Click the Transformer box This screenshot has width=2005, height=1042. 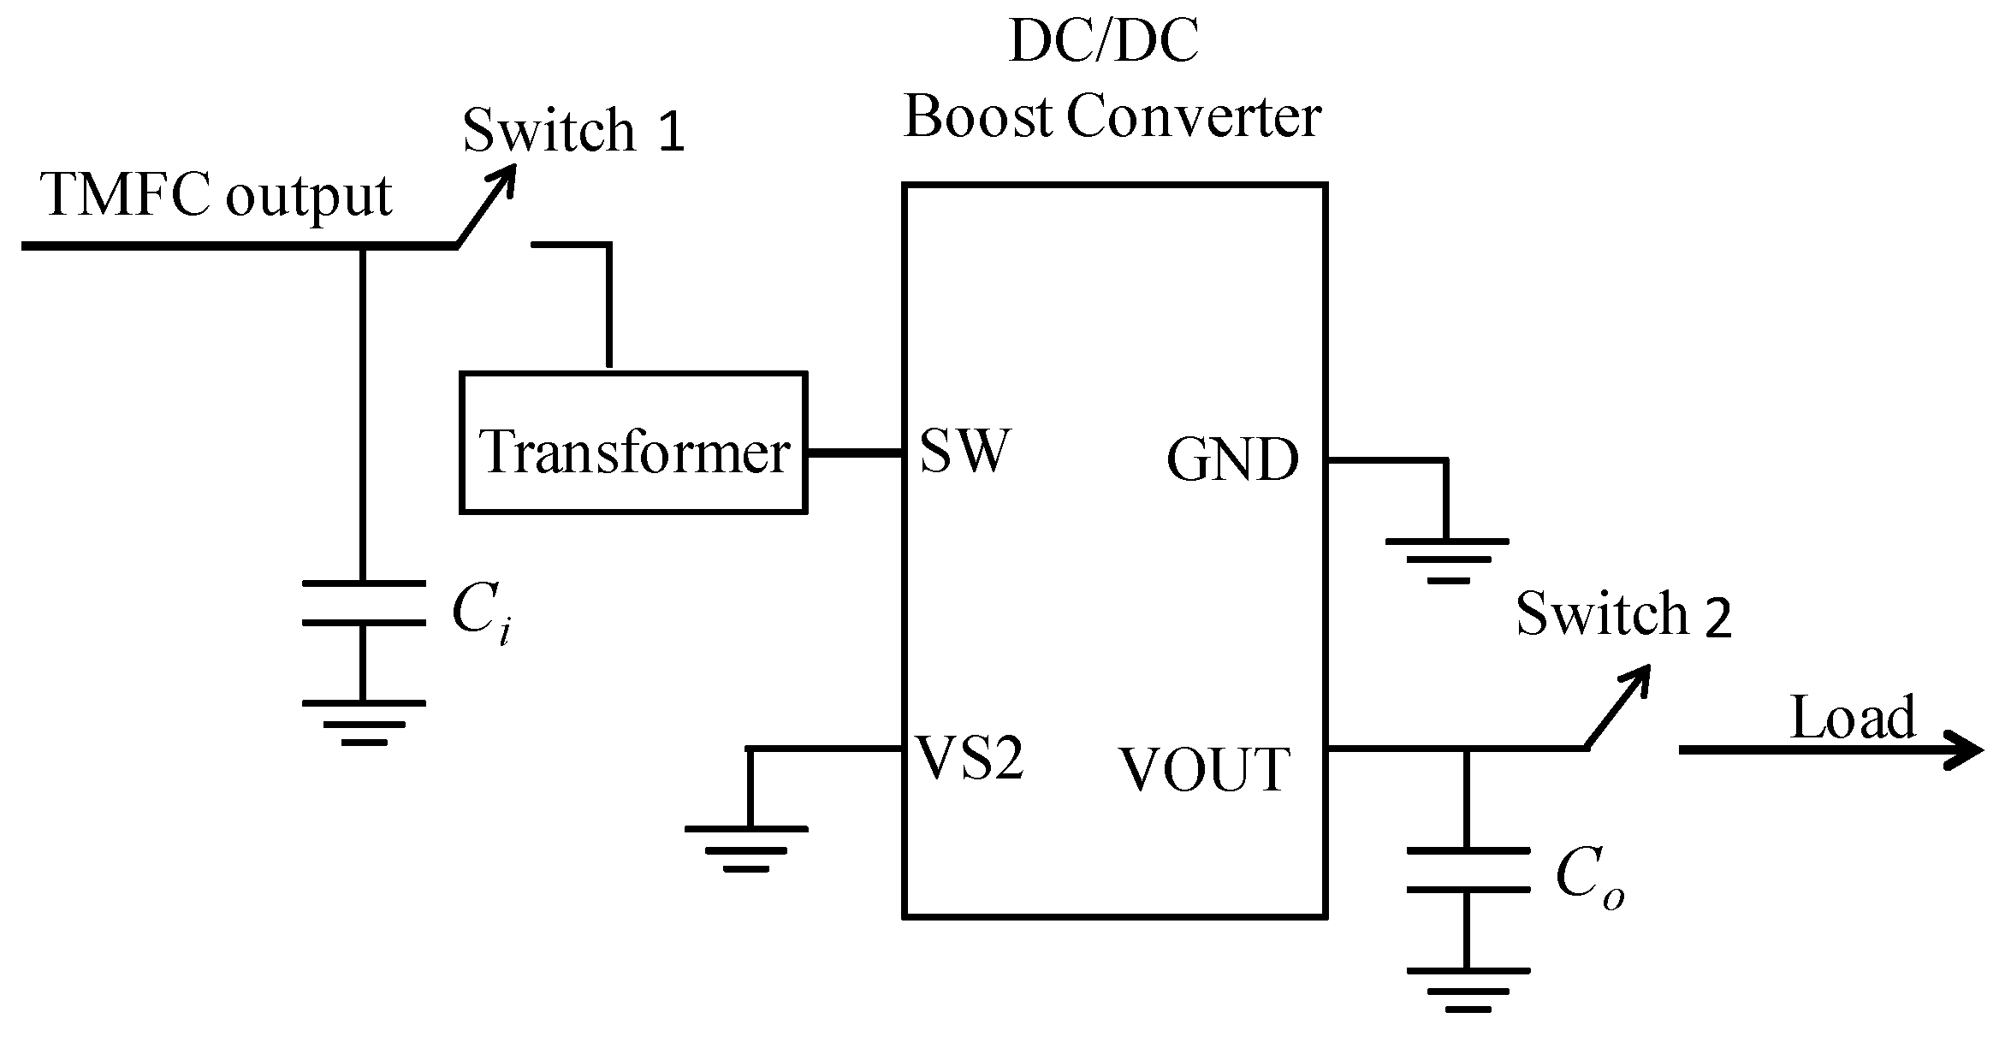tap(633, 443)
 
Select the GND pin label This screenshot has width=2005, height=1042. tap(1232, 460)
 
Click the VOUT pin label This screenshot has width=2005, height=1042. tap(1204, 769)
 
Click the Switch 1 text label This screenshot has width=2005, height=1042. tap(573, 132)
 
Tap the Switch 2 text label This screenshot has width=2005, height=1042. tap(1622, 614)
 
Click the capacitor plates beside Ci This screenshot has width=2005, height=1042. tap(363, 603)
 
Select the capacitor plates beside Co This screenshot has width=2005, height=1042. tap(1467, 870)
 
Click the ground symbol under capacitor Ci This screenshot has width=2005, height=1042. tap(363, 722)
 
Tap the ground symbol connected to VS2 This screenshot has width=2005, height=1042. tap(746, 848)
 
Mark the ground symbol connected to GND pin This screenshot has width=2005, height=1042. tap(1446, 559)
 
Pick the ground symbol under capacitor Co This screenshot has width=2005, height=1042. tap(1467, 990)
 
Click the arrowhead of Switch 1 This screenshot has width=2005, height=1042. tap(505, 176)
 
